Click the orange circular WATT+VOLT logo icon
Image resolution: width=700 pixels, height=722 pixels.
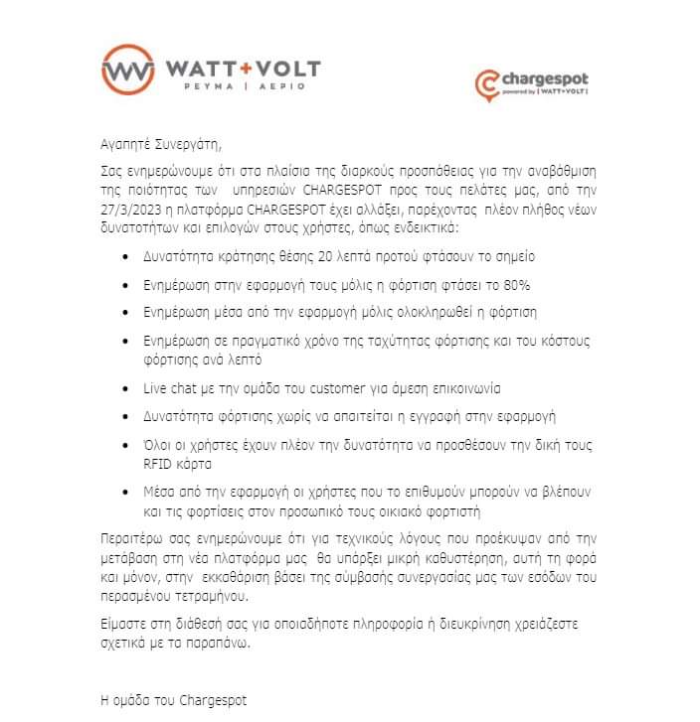[127, 70]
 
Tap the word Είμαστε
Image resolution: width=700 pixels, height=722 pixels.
[127, 625]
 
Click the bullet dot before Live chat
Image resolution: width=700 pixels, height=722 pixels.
[122, 386]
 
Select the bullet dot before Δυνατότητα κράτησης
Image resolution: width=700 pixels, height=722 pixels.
[122, 257]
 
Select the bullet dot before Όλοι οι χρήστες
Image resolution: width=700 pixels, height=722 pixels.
[122, 445]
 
